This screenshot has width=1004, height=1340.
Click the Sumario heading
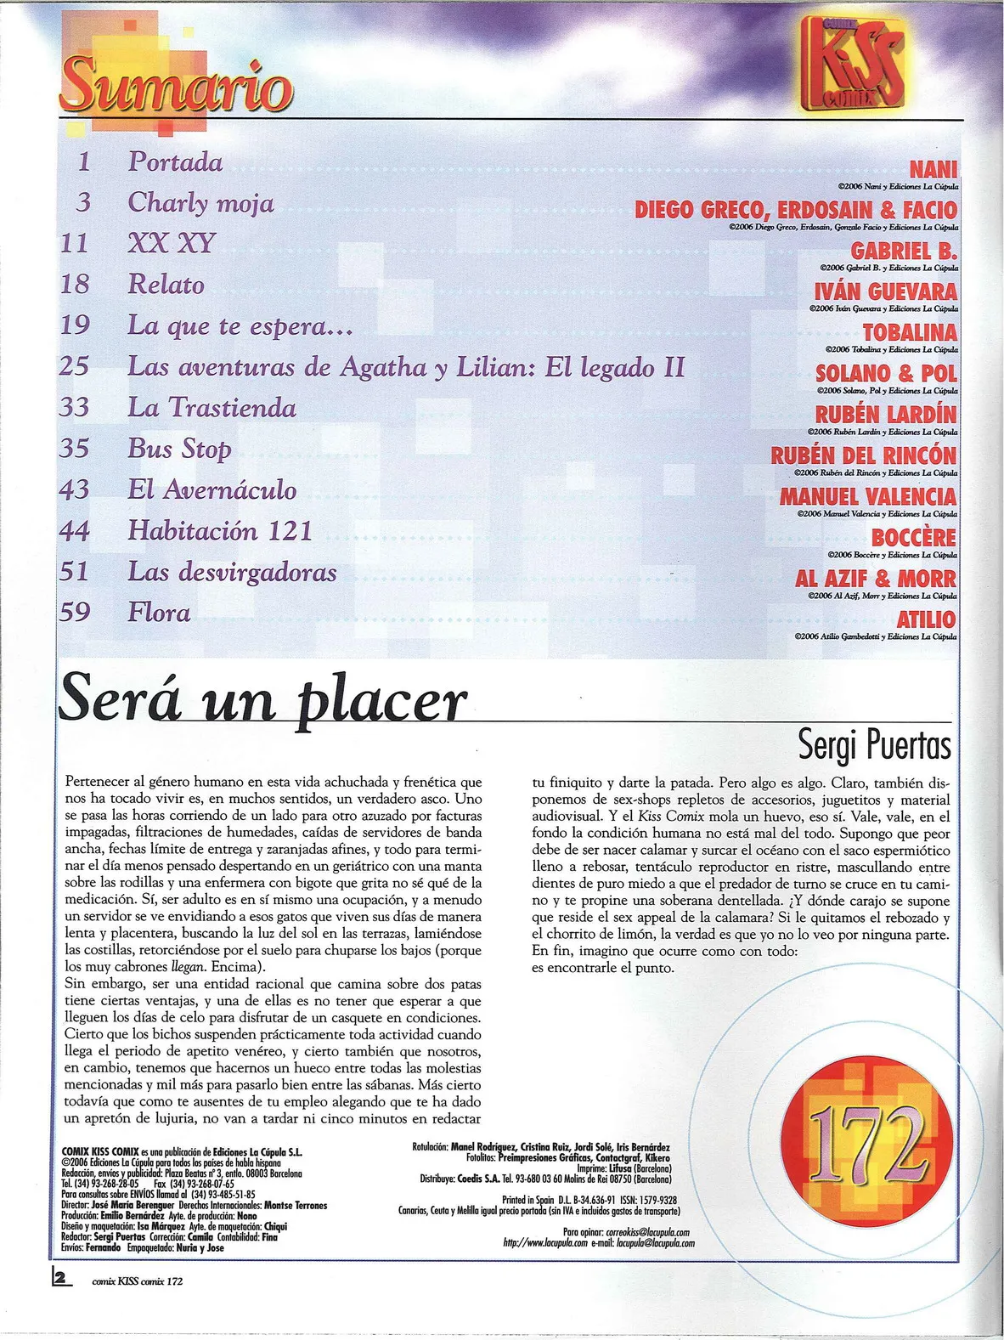pos(177,85)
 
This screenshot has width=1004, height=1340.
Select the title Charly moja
pos(200,203)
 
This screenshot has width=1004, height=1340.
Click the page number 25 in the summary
pos(75,367)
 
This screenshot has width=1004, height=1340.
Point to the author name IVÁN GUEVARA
pos(885,291)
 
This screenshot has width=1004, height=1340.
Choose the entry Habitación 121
pos(220,531)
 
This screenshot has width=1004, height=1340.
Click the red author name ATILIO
pos(926,619)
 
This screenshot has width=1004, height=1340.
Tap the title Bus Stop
pos(179,449)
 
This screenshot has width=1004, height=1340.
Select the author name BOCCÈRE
pos(913,538)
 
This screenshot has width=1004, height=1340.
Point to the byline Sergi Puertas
pos(874,745)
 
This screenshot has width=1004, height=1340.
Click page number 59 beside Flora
pos(75,612)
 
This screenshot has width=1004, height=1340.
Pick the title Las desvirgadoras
pos(232,572)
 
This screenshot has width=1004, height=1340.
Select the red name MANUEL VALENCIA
pos(867,496)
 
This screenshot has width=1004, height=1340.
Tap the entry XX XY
pos(172,244)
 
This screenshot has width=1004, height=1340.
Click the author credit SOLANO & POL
pos(886,374)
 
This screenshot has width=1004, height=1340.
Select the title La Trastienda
pos(212,408)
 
